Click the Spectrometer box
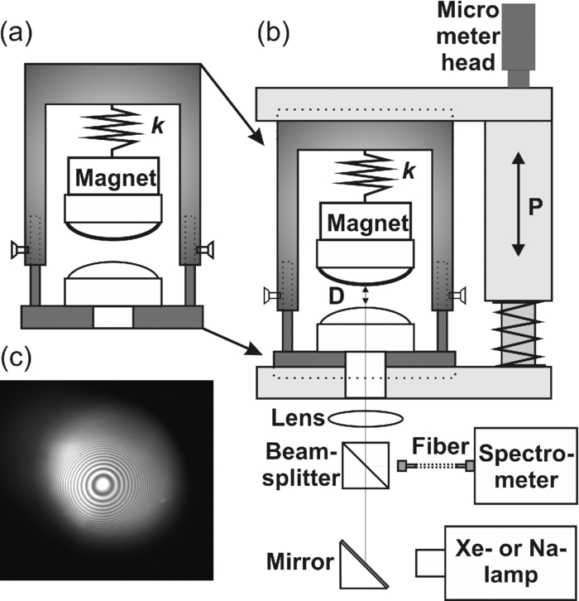[x=524, y=465]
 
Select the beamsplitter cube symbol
[x=365, y=466]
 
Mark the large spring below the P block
[x=518, y=334]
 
